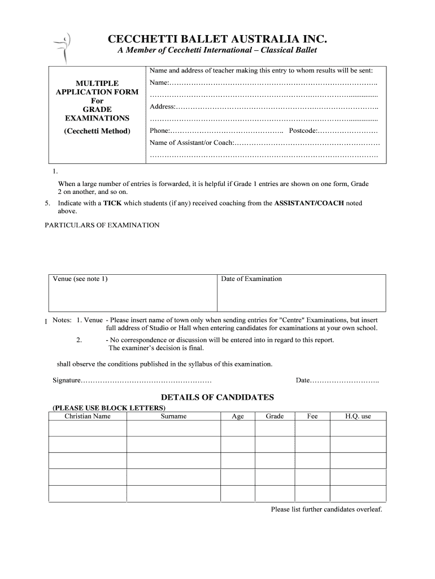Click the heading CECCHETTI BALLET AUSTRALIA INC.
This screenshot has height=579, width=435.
(217, 39)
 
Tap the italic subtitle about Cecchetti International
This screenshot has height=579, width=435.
(217, 51)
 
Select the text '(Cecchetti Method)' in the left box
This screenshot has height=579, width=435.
(97, 131)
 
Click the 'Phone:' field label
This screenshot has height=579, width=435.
(160, 131)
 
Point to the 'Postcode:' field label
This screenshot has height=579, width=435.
(304, 131)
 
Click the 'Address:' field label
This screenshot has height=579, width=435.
(163, 107)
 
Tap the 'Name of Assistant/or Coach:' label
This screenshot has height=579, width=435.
(191, 142)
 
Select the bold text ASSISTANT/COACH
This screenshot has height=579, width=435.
(308, 203)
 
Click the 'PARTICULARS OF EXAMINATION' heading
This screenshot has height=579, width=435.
(102, 225)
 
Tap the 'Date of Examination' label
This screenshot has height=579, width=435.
(251, 279)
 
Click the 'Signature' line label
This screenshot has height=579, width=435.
(63, 380)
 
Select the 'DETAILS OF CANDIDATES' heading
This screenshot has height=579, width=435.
(217, 397)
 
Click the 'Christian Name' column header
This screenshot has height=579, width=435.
(88, 416)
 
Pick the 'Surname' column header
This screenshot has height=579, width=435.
(173, 416)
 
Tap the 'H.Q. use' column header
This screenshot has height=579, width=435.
(358, 416)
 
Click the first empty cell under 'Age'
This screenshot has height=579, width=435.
(238, 429)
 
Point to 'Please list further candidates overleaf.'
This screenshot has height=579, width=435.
(327, 509)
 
